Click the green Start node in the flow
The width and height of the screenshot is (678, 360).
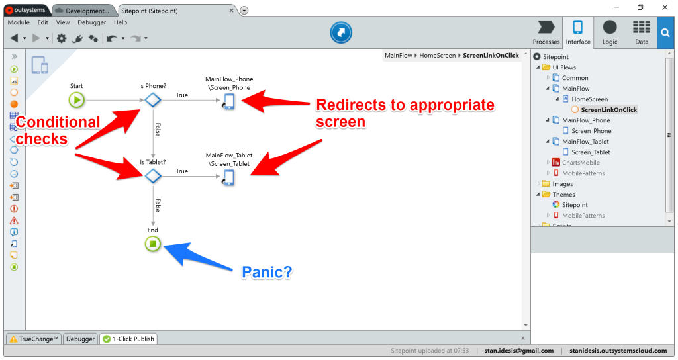77,101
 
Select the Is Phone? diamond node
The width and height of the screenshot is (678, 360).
153,101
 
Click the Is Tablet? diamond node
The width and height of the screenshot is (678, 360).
153,176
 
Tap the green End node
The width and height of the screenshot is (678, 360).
153,244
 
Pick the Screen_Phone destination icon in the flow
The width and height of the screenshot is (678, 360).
228,101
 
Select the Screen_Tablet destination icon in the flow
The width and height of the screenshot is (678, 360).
228,177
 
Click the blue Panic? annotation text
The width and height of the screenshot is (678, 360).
267,272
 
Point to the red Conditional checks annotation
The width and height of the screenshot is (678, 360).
58,130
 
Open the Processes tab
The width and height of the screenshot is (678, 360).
546,32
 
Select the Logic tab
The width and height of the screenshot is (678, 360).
609,32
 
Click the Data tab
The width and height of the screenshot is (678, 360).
641,32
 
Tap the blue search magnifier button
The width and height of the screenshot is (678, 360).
666,32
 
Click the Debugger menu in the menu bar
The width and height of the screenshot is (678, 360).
92,22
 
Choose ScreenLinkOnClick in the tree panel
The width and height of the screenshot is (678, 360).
608,110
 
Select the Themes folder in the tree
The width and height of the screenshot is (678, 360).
563,195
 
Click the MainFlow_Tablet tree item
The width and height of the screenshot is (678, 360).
585,142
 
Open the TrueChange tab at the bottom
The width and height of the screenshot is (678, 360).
34,339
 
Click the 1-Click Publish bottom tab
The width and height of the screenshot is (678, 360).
128,339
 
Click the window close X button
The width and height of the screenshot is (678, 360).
665,7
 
